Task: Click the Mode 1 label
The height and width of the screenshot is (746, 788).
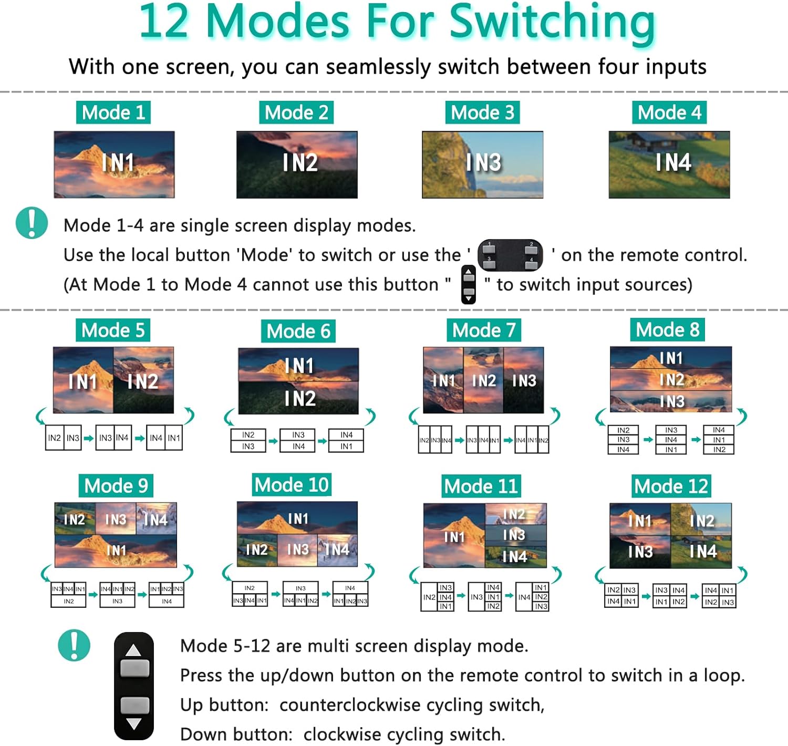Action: [x=113, y=112]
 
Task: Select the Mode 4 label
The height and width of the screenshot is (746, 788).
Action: [x=669, y=112]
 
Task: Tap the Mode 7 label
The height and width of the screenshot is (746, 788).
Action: [x=484, y=330]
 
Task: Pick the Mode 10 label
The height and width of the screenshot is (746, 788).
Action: [x=292, y=484]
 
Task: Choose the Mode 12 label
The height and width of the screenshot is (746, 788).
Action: [x=671, y=486]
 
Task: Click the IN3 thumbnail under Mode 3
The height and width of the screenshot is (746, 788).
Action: [x=482, y=164]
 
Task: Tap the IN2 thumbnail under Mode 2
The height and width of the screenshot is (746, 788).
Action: [x=297, y=164]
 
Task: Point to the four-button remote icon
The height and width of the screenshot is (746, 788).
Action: [x=510, y=255]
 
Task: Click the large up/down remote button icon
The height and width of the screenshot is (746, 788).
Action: [x=134, y=686]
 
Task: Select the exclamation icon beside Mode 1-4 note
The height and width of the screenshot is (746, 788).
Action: [x=32, y=223]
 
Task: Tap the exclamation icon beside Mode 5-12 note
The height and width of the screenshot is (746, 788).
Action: [x=74, y=645]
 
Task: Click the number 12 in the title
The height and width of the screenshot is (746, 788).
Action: [x=163, y=22]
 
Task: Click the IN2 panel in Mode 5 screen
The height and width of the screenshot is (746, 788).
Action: [x=143, y=380]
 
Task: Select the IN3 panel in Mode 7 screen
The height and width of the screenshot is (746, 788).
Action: [x=524, y=380]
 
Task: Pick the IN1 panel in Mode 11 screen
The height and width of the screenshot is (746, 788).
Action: [x=454, y=536]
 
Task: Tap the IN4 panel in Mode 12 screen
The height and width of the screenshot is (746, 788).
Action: [x=702, y=552]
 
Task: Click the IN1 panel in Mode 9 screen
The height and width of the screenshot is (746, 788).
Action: [x=116, y=551]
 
